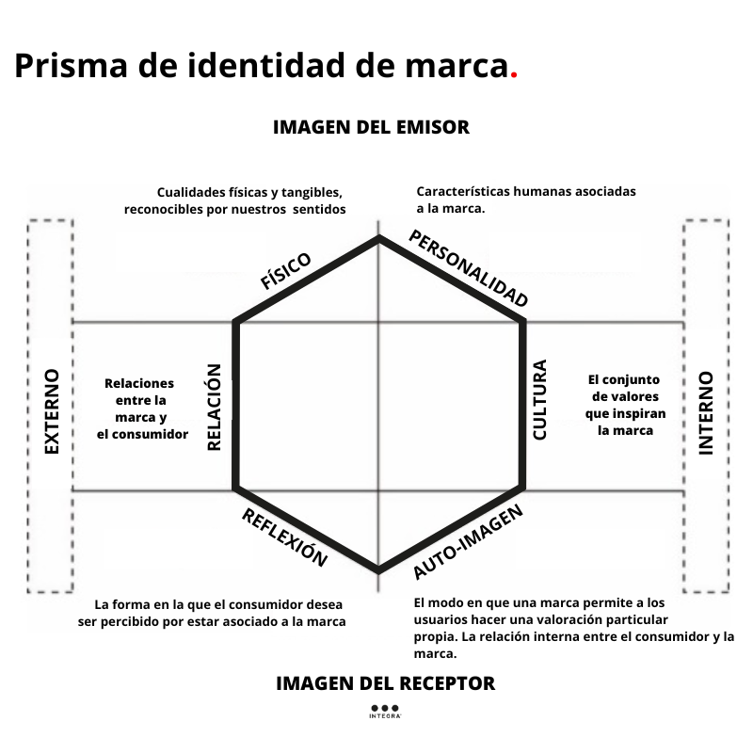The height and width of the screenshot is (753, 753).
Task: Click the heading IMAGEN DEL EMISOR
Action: [x=371, y=127]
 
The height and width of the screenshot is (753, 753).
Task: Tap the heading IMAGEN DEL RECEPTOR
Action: [x=385, y=683]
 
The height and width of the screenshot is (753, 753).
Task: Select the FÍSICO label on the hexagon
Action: [x=285, y=271]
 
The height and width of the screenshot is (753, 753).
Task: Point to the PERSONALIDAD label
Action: [x=468, y=267]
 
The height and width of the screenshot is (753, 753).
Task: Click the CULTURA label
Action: [x=539, y=400]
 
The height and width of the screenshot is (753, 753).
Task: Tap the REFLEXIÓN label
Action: [x=285, y=538]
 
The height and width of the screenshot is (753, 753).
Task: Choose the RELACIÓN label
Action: [x=214, y=408]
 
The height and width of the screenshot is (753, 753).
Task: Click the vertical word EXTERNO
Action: [x=51, y=411]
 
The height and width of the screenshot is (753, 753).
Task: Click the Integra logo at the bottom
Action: [x=385, y=712]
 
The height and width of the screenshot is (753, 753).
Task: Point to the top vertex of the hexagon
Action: [x=378, y=237]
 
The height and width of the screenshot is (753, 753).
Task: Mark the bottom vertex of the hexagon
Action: [x=378, y=570]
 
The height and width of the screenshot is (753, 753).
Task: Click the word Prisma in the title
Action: [x=69, y=67]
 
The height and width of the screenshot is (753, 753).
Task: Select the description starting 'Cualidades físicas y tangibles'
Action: [x=235, y=200]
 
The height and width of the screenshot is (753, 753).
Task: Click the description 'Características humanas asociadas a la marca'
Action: [x=526, y=200]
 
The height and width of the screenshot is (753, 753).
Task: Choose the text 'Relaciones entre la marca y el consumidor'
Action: [x=142, y=409]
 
